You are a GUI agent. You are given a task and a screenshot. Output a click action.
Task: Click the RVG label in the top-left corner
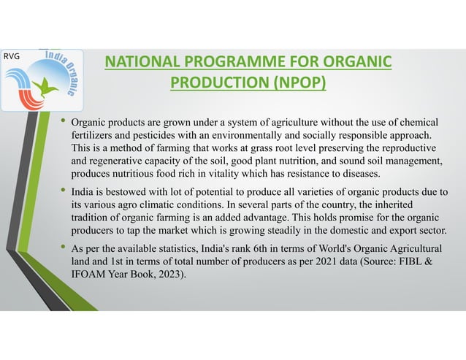[12, 56]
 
